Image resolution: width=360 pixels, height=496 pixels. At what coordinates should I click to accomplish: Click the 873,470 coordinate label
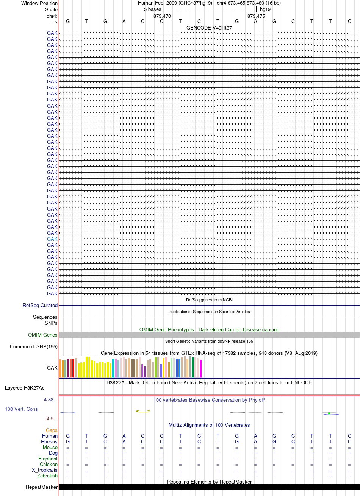tap(162, 16)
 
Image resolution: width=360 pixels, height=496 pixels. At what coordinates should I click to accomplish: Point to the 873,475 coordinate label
tap(256, 16)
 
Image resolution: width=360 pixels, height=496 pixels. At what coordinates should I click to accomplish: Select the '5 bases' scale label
tap(152, 9)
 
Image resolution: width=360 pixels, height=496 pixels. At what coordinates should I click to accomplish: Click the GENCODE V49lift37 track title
tap(209, 28)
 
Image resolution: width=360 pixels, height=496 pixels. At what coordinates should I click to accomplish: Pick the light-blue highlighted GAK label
tap(52, 239)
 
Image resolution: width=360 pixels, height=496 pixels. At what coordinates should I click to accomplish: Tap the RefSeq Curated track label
tap(40, 305)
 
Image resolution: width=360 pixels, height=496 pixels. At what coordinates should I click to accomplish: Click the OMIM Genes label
tap(42, 335)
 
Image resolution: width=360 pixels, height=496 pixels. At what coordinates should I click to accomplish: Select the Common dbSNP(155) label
tap(34, 346)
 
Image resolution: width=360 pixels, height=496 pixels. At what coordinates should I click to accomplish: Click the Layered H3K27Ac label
tap(25, 388)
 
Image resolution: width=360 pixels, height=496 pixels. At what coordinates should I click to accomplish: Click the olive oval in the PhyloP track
tap(143, 411)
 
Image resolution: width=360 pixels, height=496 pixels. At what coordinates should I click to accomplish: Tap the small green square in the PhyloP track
tap(329, 413)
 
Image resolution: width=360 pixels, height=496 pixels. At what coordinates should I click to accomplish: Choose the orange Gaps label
tap(52, 430)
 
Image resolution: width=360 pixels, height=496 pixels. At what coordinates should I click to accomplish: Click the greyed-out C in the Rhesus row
tap(105, 441)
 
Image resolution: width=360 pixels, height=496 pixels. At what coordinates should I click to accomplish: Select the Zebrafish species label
tap(47, 476)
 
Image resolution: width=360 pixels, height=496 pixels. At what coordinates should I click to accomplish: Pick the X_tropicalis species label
tap(45, 470)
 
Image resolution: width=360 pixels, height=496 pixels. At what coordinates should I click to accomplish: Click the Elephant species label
tap(48, 459)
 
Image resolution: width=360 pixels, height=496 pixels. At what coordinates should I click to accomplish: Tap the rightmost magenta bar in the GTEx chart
tap(200, 368)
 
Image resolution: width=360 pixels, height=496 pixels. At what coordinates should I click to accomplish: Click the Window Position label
tap(39, 3)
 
